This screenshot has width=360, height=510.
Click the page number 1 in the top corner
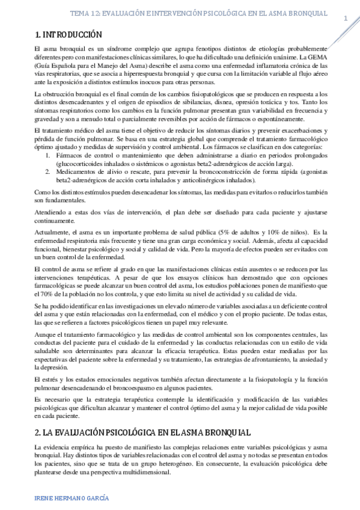tap(346, 19)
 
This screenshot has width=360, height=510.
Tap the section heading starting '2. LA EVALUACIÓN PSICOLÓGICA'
tap(133, 416)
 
